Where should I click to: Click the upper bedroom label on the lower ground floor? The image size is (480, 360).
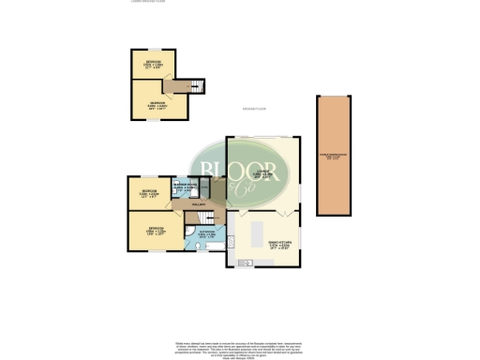coord(152,64)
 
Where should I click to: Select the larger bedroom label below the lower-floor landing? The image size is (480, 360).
coord(159,105)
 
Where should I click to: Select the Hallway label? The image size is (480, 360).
coord(199,204)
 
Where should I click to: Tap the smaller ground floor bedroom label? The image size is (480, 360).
coord(149,193)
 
